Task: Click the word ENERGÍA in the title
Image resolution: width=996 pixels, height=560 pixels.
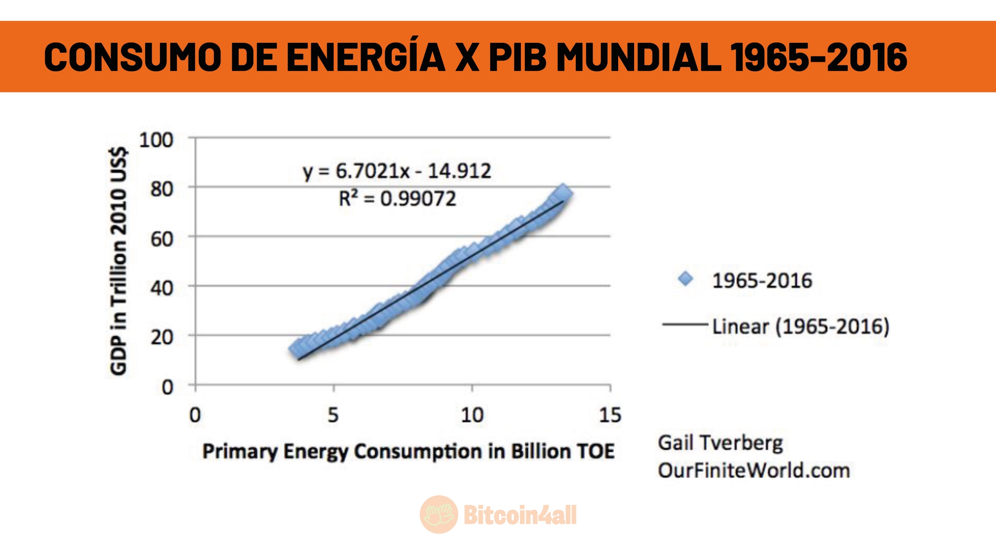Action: pyautogui.click(x=366, y=57)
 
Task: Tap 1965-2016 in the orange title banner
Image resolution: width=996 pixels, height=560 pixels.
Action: pyautogui.click(x=818, y=57)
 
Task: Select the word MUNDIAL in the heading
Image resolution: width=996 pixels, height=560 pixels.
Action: pyautogui.click(x=638, y=57)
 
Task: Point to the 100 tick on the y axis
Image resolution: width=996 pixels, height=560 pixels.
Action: pyautogui.click(x=156, y=140)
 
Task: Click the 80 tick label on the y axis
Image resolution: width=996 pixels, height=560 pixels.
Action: pyautogui.click(x=162, y=189)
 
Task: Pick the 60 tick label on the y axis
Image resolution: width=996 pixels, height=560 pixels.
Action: pyautogui.click(x=162, y=239)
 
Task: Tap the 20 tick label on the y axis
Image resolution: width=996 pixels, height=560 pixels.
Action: pyautogui.click(x=162, y=337)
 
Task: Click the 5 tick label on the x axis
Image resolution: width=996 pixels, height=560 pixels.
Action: pyautogui.click(x=333, y=415)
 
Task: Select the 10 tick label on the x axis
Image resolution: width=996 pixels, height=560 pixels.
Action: pyautogui.click(x=472, y=415)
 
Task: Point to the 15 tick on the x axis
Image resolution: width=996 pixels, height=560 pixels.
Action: pyautogui.click(x=610, y=415)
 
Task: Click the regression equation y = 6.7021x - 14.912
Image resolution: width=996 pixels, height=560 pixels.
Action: pyautogui.click(x=397, y=171)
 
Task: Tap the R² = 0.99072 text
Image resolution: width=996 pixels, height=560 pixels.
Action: pyautogui.click(x=397, y=199)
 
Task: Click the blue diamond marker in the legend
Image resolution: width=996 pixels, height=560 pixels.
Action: pyautogui.click(x=685, y=279)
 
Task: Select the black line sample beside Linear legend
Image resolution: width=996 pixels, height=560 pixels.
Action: pyautogui.click(x=684, y=325)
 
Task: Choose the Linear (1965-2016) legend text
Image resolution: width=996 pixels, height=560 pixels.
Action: pyautogui.click(x=801, y=326)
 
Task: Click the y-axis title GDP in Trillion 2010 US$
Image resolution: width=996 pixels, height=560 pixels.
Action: pyautogui.click(x=118, y=261)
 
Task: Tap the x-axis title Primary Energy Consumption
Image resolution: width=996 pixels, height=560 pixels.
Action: pyautogui.click(x=408, y=452)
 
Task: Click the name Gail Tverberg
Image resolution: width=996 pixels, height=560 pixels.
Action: pyautogui.click(x=720, y=443)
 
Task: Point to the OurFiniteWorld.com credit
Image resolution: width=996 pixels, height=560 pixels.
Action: pyautogui.click(x=754, y=470)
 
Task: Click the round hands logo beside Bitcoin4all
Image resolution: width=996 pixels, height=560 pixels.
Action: pyautogui.click(x=438, y=514)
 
